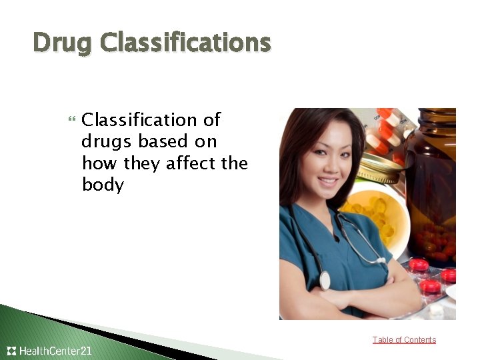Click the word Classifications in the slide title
coord(186,43)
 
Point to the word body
coord(103,184)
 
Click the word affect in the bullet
coord(193,163)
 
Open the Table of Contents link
coord(404,340)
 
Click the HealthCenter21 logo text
coord(56,351)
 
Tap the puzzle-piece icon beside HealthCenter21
coord(11,351)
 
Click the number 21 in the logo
coord(85,351)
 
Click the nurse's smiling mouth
coord(328,180)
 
